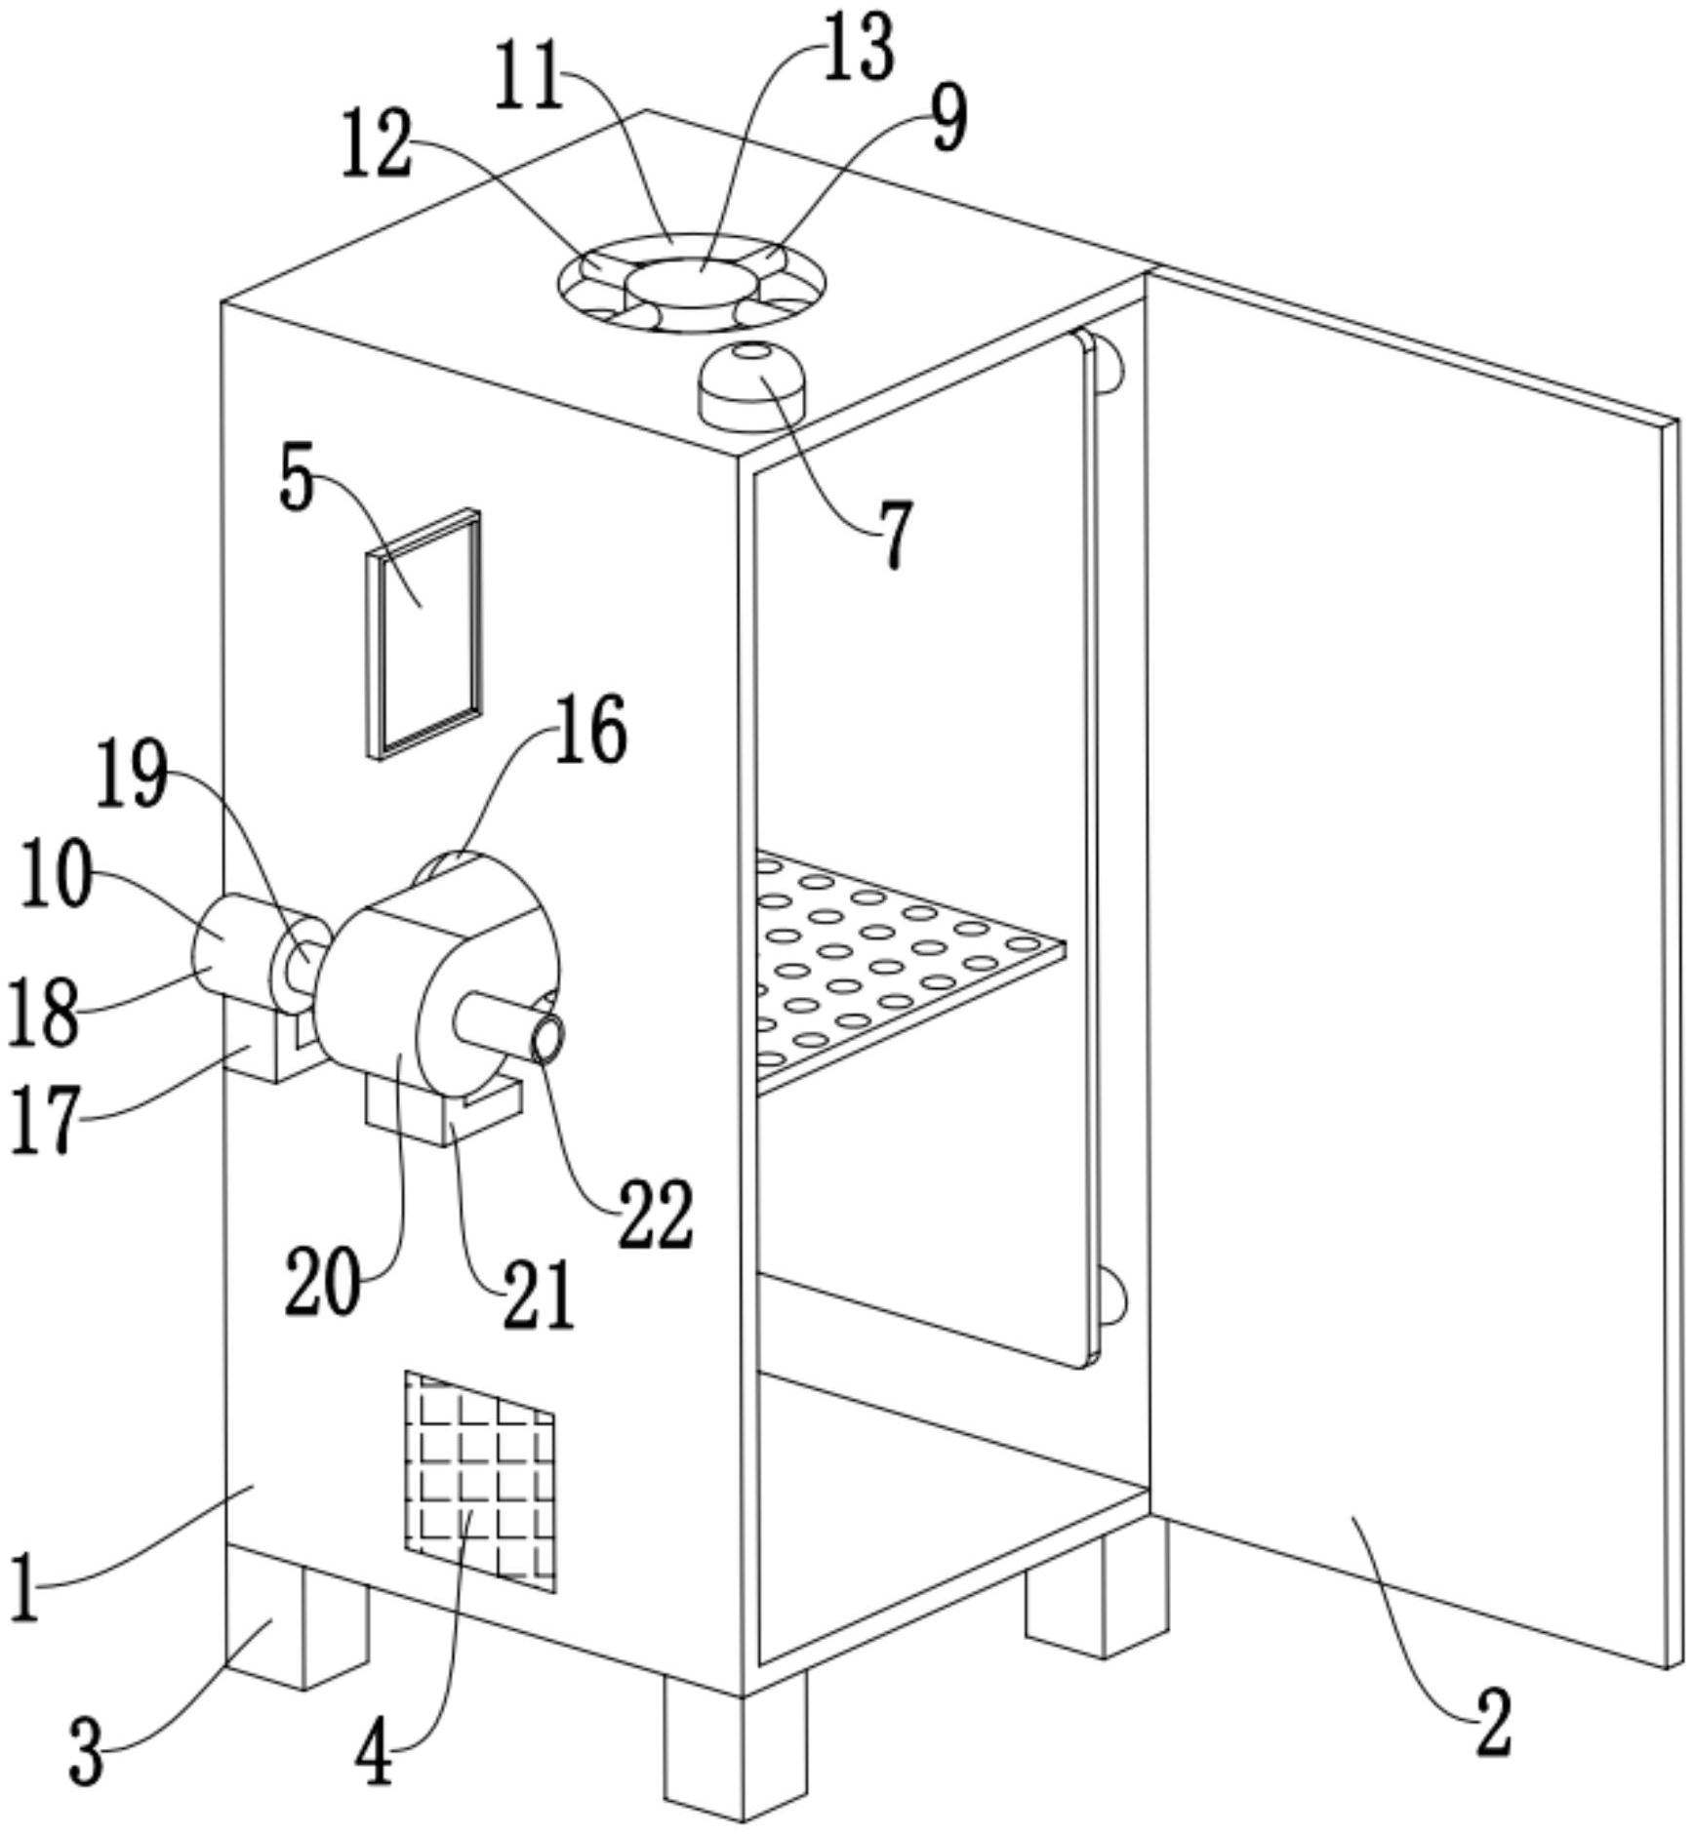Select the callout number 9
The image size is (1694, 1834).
click(x=949, y=117)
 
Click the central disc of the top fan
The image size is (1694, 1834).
click(x=692, y=284)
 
